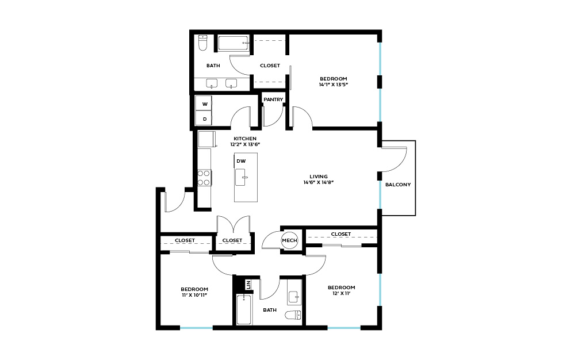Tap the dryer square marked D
click(x=204, y=118)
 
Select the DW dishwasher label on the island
click(x=241, y=161)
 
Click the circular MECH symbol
click(x=289, y=240)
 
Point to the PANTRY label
click(x=273, y=99)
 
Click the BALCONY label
click(x=398, y=185)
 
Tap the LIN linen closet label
click(x=248, y=284)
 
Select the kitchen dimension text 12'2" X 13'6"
click(x=245, y=144)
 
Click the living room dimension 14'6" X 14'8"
click(x=319, y=182)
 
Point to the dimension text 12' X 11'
click(x=342, y=293)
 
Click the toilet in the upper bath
click(x=203, y=43)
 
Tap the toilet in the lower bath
click(x=293, y=315)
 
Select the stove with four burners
click(x=204, y=178)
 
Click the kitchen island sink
click(x=241, y=178)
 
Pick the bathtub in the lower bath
click(x=244, y=309)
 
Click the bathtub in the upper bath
click(x=234, y=43)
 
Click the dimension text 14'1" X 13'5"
click(x=333, y=85)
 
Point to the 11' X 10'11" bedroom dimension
click(x=194, y=295)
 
